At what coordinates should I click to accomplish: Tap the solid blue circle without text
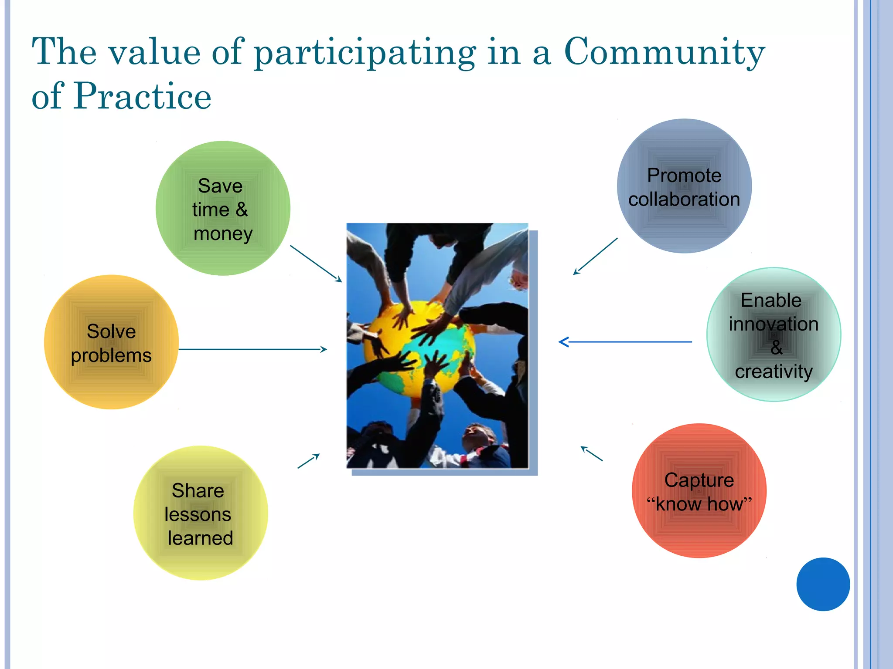(823, 584)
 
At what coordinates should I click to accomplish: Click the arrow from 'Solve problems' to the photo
(253, 349)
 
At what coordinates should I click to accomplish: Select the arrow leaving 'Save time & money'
(316, 264)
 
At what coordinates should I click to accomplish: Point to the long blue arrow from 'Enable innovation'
(625, 342)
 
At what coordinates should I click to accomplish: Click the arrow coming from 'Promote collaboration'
(595, 256)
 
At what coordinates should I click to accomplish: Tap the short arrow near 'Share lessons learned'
(309, 461)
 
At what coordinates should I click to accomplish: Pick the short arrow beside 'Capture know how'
(592, 453)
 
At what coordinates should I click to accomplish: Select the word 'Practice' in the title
(143, 96)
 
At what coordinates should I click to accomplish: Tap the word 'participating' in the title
(365, 53)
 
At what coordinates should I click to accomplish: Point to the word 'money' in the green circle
(223, 234)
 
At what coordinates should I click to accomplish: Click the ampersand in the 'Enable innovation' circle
(776, 348)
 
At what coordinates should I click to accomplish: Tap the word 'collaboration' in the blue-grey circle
(684, 199)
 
